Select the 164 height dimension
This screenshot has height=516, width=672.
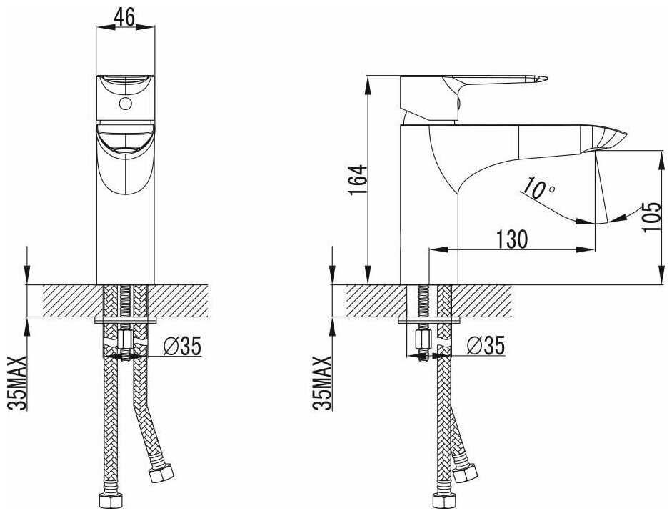click(x=359, y=179)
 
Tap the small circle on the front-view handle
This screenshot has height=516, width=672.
click(x=126, y=104)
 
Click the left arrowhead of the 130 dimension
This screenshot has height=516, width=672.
click(x=433, y=249)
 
